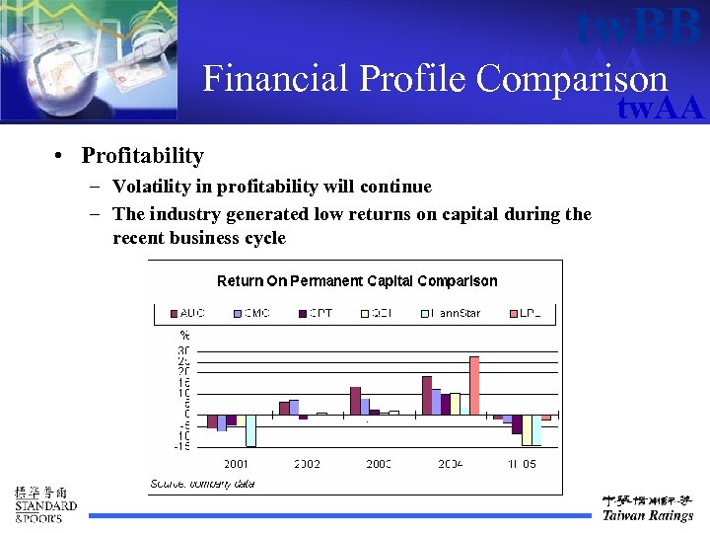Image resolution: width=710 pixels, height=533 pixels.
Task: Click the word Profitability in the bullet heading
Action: coord(142,156)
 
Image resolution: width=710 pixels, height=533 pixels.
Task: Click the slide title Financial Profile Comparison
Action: coord(435,79)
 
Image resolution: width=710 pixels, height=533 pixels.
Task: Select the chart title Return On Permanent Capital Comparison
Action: coord(357,281)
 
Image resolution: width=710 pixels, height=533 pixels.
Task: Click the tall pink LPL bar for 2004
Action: coord(474,385)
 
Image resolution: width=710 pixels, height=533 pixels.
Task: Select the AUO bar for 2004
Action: coord(427,395)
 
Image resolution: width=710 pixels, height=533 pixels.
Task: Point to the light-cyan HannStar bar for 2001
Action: coord(250,430)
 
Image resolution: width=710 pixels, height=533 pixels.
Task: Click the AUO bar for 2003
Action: coord(355,401)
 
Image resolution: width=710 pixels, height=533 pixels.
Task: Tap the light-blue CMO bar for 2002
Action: coord(294,407)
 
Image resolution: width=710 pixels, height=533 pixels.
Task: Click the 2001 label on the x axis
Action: coord(236,464)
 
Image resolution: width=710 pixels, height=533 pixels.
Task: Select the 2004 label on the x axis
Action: coord(451,464)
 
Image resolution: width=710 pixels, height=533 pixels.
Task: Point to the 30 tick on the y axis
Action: coord(182,350)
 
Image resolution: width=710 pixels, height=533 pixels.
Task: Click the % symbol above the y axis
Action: coord(183,336)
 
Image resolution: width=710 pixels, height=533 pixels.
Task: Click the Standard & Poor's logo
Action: coord(43,504)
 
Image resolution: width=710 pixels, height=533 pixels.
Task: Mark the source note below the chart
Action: coord(202,484)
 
